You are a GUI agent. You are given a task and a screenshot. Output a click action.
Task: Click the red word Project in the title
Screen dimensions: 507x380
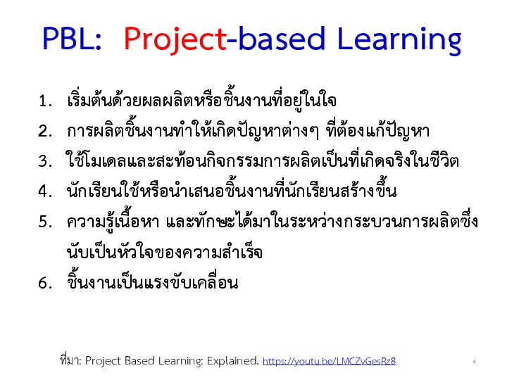pos(175,39)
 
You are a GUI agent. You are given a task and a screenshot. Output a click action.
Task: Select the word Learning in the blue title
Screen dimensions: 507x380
pos(399,40)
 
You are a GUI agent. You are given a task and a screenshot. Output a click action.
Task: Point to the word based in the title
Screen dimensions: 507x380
pos(281,38)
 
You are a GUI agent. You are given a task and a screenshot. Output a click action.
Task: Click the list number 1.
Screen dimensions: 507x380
pos(45,101)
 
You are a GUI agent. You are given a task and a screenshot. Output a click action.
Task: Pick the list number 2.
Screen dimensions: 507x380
pos(45,131)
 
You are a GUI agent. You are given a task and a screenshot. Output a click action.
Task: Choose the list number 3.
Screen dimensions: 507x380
pos(45,161)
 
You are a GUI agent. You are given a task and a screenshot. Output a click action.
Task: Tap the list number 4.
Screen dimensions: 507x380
pos(45,191)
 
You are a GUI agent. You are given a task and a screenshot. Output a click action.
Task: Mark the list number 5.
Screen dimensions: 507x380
pos(45,222)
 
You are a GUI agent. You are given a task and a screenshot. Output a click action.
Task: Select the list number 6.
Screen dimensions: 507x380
pos(45,283)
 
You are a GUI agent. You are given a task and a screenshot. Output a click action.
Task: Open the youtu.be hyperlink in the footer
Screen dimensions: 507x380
pos(329,361)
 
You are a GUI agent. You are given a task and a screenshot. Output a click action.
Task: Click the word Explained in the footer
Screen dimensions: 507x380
pos(233,360)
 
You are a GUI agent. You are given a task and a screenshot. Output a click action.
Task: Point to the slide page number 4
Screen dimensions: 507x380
pos(474,362)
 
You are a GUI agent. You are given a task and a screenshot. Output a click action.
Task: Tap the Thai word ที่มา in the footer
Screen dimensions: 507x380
pos(71,360)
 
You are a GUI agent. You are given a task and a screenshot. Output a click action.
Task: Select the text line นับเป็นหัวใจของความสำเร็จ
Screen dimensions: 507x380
pos(165,251)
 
